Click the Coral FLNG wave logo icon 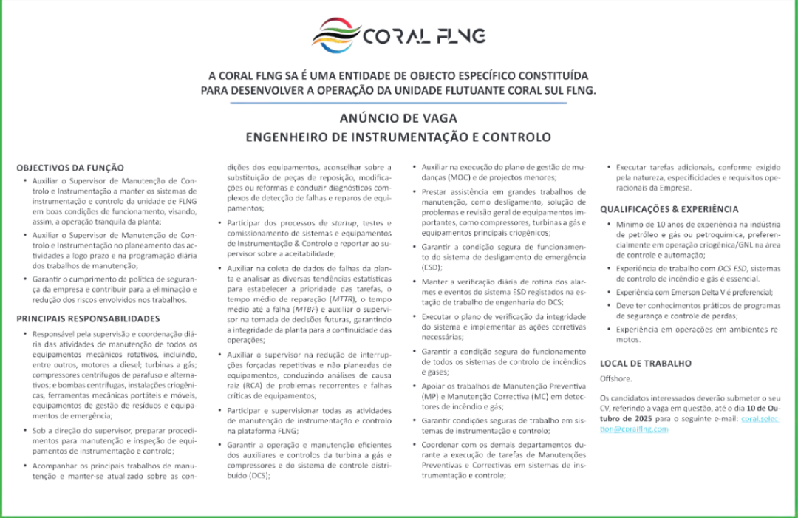(x=336, y=34)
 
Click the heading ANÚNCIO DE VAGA (x=398, y=118)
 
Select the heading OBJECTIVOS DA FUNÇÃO (x=70, y=168)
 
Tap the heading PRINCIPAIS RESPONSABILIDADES (x=88, y=318)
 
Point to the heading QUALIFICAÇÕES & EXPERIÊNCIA (x=669, y=209)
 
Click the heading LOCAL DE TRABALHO (x=646, y=363)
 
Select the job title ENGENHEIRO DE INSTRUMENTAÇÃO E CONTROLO (x=398, y=137)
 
